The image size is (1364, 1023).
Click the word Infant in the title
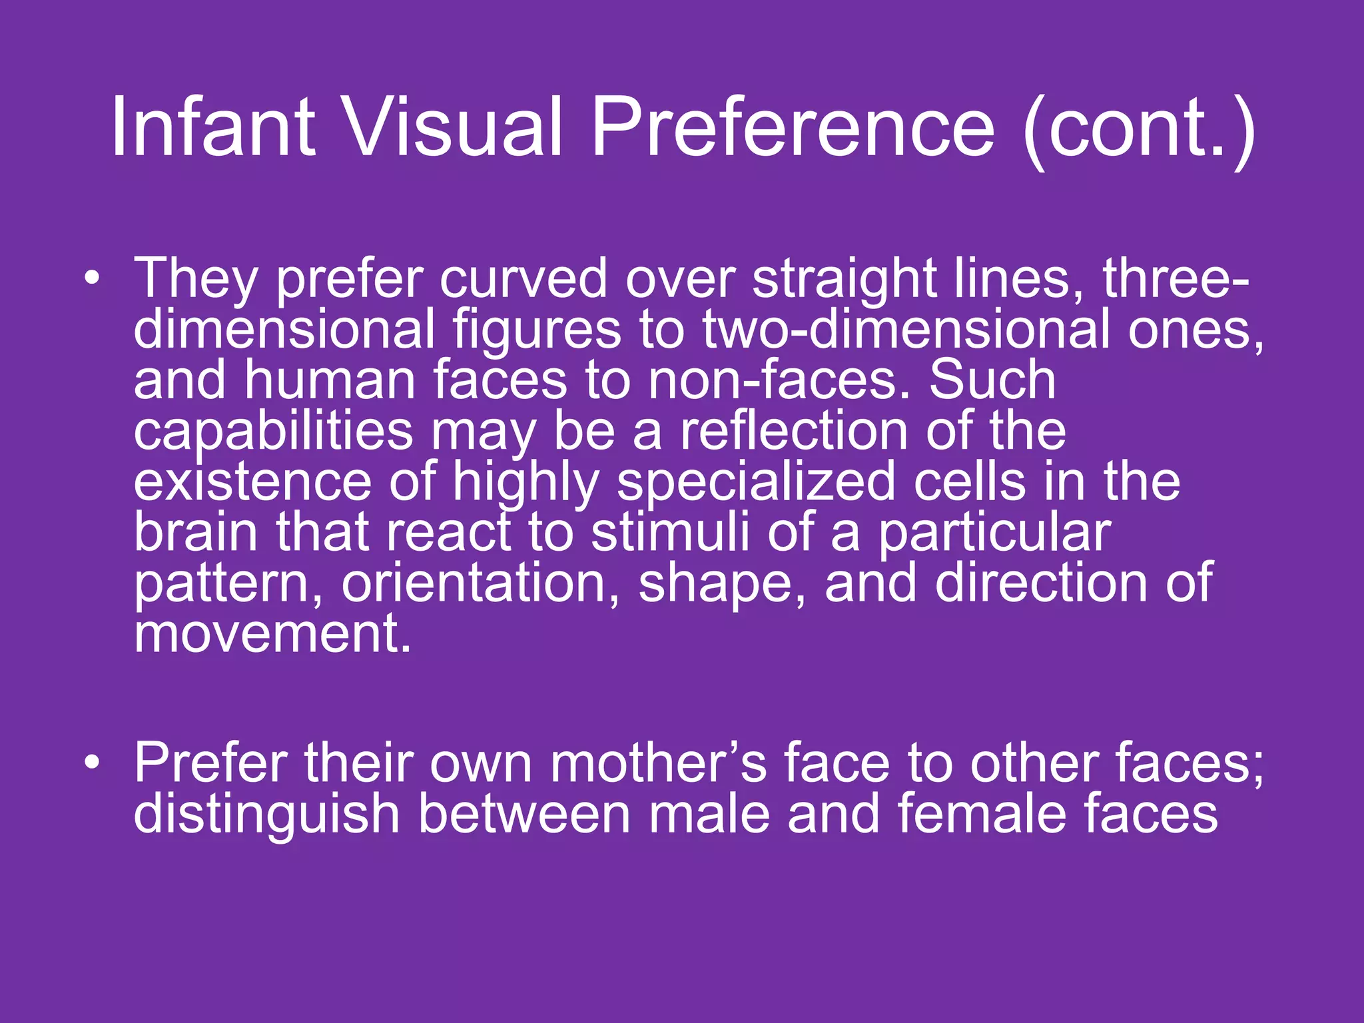pos(212,127)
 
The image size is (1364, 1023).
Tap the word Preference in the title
pos(793,127)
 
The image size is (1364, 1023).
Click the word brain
pos(195,532)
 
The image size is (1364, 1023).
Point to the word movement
pos(272,633)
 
